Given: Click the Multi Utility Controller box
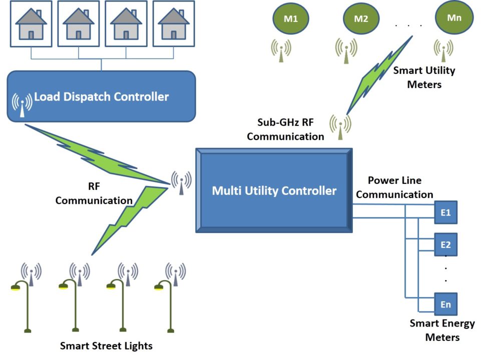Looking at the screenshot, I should click(274, 190).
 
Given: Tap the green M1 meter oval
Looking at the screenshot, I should click(290, 19).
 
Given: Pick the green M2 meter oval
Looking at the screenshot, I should click(361, 19).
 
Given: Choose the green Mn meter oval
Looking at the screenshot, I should click(453, 17).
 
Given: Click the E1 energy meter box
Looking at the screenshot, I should click(445, 212).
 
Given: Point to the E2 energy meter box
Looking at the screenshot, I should click(445, 244).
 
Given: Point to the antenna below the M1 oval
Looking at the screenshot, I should click(281, 50).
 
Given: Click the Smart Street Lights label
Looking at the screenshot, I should click(106, 345).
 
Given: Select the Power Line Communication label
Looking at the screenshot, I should click(394, 187).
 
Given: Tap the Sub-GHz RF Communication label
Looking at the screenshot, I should click(285, 129).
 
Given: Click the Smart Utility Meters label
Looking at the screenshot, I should click(424, 77).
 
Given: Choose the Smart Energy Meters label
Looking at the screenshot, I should click(442, 330).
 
